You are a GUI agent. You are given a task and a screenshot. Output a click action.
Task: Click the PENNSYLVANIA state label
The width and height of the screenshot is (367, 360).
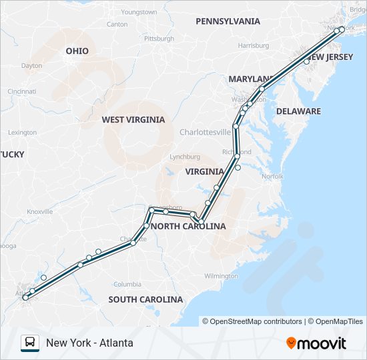coord(228,21)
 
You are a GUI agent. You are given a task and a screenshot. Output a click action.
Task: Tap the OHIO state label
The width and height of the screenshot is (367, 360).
coord(77,51)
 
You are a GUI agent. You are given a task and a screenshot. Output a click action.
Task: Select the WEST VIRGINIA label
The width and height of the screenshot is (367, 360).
coord(133,120)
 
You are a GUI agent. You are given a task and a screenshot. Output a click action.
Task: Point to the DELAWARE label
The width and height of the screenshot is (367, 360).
coord(298,111)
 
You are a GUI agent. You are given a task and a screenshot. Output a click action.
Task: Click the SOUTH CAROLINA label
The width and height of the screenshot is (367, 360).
coord(145,299)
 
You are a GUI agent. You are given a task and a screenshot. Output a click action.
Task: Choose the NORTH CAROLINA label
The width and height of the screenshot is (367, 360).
coord(188,227)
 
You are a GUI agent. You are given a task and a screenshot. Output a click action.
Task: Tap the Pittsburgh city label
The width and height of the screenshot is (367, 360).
coord(159,39)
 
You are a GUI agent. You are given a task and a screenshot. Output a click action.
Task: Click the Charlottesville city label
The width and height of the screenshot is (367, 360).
coord(205,132)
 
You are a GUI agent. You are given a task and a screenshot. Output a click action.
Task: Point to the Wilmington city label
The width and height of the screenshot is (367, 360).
coord(222,276)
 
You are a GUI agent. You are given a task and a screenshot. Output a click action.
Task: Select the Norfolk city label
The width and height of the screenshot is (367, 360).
coord(272,177)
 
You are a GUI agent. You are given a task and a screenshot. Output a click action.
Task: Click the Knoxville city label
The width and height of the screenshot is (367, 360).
coord(39,211)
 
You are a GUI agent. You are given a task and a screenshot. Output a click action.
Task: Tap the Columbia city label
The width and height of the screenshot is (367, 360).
coord(127,284)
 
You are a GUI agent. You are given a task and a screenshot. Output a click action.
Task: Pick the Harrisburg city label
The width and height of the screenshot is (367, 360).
coord(253,46)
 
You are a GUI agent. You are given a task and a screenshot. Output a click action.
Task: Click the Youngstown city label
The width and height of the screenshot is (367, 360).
coord(139,12)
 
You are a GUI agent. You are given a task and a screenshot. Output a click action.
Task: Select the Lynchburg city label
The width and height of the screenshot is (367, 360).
coord(185,157)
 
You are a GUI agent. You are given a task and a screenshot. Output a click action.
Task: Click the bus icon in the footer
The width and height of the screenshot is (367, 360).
coord(30,343)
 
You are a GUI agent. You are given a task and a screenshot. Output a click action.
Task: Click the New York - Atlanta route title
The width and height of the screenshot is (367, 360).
coord(89,343)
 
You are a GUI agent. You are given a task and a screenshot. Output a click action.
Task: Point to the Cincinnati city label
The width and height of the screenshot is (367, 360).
coord(22,91)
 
